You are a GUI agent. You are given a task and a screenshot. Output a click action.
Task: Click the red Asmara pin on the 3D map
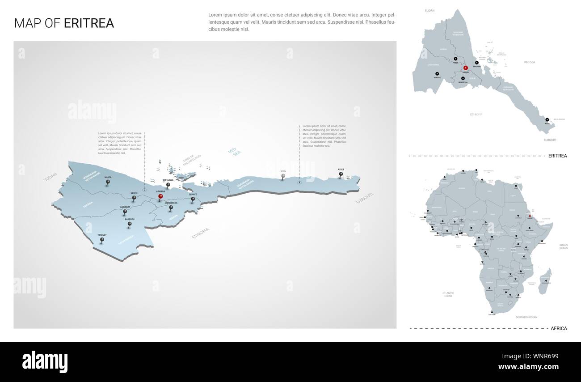161,196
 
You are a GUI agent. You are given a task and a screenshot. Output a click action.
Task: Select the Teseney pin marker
102,240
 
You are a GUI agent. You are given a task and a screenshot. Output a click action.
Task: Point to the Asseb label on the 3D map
341,170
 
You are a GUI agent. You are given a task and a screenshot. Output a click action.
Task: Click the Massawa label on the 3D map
168,180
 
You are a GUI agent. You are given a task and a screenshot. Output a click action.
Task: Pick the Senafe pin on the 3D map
193,199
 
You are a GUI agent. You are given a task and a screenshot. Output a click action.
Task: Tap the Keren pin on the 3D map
134,198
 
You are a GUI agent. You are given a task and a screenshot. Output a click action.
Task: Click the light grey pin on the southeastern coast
283,177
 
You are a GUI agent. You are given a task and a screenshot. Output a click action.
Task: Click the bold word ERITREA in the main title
89,23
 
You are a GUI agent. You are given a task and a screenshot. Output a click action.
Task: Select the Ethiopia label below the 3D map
200,233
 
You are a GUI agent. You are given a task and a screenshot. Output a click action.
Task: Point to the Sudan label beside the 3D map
51,177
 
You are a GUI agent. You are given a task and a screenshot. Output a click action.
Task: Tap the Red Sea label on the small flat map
529,62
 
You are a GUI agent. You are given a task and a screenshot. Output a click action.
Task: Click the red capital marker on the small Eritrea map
465,68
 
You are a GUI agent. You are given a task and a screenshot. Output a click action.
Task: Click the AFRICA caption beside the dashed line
559,328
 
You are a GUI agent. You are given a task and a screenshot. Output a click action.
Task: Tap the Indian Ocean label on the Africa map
563,246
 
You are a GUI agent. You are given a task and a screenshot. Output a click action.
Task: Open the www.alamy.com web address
528,367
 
